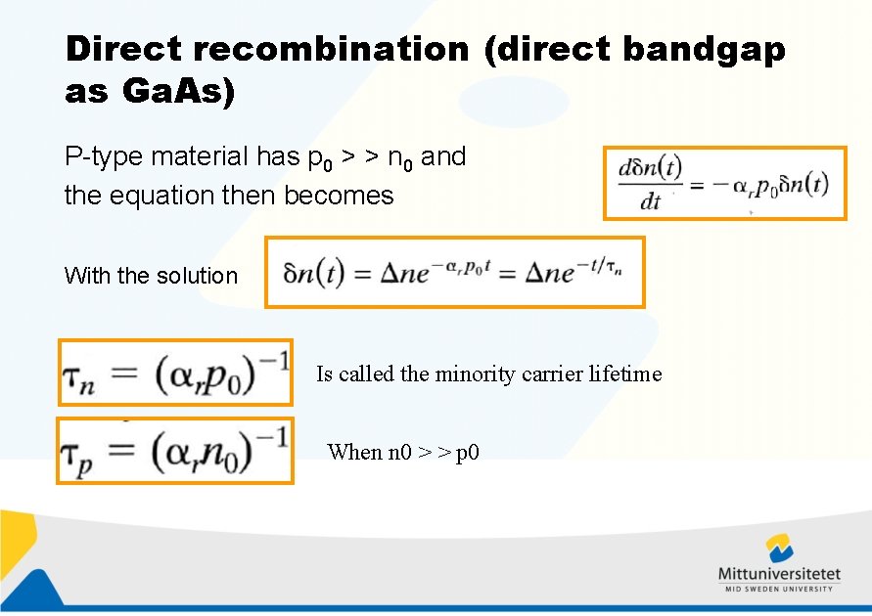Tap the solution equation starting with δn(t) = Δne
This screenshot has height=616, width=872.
tap(455, 272)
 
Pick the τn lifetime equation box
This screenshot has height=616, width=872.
tap(175, 372)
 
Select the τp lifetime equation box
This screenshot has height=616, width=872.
tap(175, 450)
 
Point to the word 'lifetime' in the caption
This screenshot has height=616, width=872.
tap(627, 374)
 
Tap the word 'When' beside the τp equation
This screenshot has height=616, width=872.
tap(349, 452)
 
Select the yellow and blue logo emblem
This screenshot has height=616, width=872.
tap(780, 548)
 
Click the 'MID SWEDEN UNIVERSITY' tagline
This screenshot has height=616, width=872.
tap(779, 589)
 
